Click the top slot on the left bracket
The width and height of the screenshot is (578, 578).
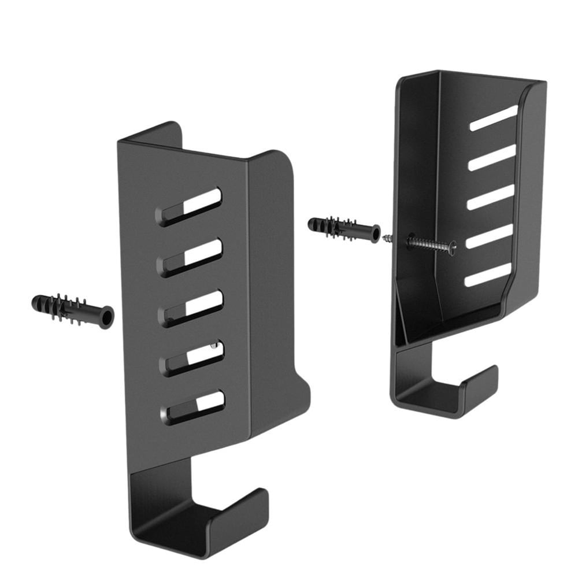pyautogui.click(x=189, y=207)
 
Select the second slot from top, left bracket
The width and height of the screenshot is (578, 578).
pyautogui.click(x=190, y=257)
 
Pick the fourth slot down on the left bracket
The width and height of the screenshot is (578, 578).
pyautogui.click(x=192, y=356)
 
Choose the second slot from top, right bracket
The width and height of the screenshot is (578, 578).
pyautogui.click(x=492, y=157)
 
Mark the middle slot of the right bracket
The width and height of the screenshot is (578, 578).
pyautogui.click(x=491, y=197)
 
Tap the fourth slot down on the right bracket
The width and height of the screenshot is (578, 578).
pyautogui.click(x=490, y=236)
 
